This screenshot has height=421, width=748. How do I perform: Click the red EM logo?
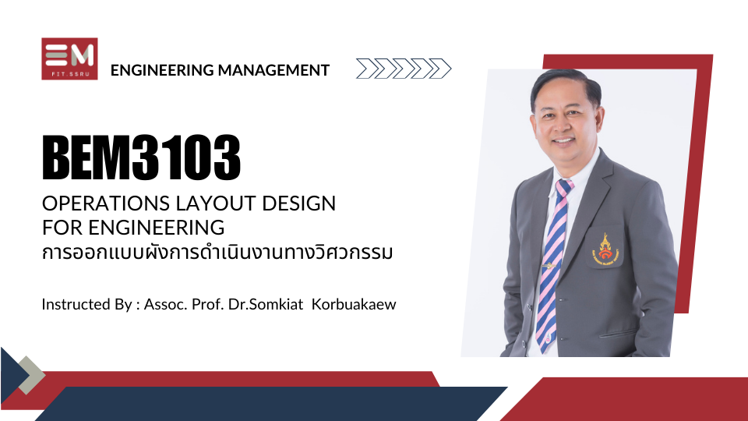pos(69,58)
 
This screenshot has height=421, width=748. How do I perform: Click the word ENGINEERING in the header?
pos(162,70)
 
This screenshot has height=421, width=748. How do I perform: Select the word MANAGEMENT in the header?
pos(273,70)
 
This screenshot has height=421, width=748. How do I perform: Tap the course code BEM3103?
pos(141,157)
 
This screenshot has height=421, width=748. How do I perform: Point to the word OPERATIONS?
pos(107,203)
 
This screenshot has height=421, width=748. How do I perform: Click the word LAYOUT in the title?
pos(217,203)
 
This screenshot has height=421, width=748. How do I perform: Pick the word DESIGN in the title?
pos(299,203)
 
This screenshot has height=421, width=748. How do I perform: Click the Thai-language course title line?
pos(217,253)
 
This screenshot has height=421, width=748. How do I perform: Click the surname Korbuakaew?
pos(354,304)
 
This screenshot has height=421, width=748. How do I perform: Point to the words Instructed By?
pos(86,305)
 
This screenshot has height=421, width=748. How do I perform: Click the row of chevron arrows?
pos(404,69)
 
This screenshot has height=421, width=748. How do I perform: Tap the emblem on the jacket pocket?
pos(605,249)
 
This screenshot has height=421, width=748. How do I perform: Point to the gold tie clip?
pos(548,265)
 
